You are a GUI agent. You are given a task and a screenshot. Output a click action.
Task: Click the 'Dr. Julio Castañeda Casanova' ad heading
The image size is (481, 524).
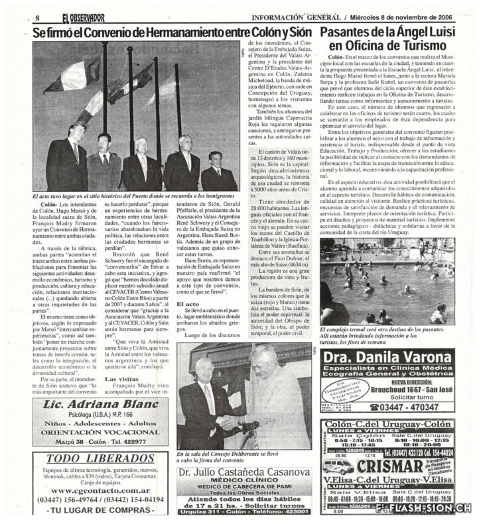click(x=244, y=472)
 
